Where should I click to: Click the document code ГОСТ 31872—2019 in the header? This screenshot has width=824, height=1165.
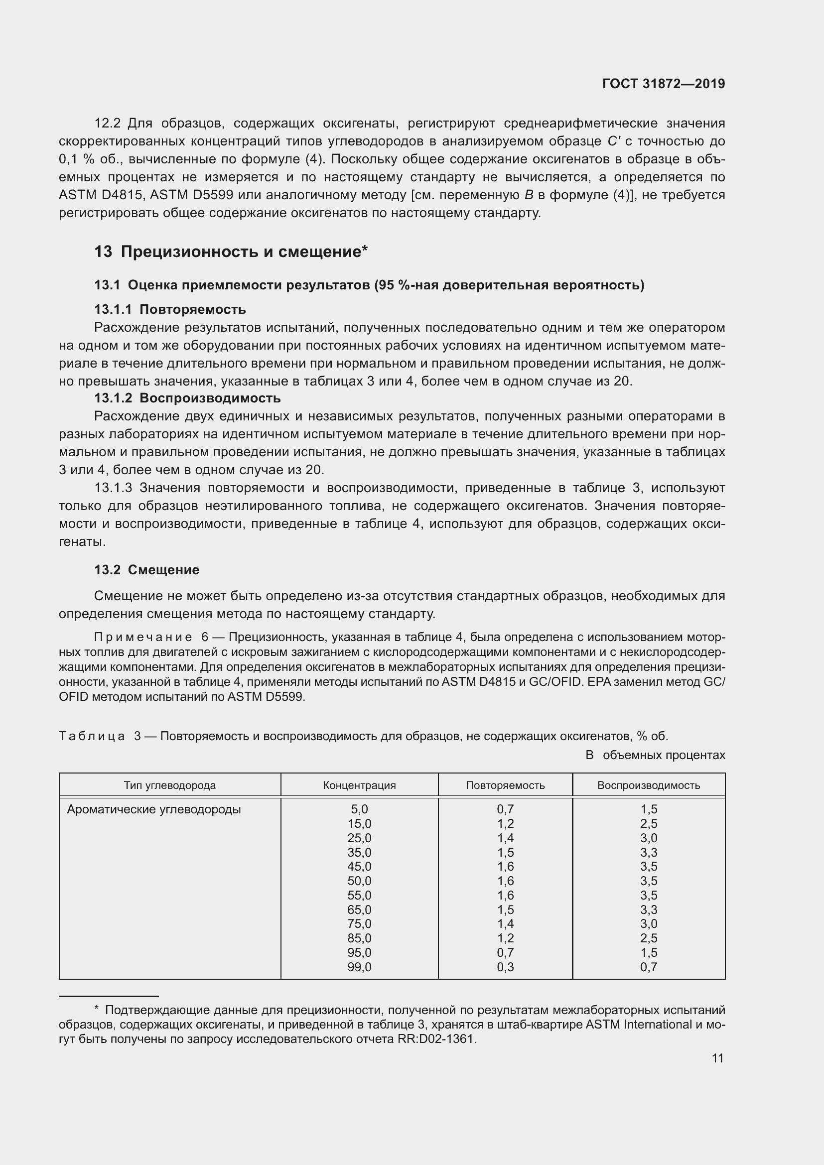click(x=663, y=84)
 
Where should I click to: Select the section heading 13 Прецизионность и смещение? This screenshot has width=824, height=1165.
click(x=231, y=252)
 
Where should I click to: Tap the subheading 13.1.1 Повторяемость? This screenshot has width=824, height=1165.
click(x=170, y=309)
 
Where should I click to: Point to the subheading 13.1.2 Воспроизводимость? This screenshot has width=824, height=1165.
click(x=187, y=398)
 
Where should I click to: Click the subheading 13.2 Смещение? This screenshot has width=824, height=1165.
click(x=146, y=570)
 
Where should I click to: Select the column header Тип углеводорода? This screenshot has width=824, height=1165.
click(x=169, y=785)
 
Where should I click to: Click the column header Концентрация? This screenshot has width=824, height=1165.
click(x=359, y=785)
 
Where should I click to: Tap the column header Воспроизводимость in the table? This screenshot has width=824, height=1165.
click(x=649, y=785)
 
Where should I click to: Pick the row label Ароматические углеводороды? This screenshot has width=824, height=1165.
click(x=154, y=809)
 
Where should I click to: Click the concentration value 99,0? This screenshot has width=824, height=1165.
click(x=359, y=967)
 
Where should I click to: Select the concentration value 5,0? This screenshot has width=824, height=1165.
click(x=359, y=809)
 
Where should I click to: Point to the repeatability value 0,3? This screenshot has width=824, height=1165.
click(x=505, y=967)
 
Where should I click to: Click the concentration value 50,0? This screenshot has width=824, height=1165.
click(x=359, y=881)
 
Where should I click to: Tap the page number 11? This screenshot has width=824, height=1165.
click(x=717, y=1058)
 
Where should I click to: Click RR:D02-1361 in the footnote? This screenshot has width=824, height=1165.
click(x=437, y=1039)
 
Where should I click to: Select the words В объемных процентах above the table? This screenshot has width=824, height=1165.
click(x=655, y=755)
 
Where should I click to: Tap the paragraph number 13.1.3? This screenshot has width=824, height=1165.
click(x=113, y=488)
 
